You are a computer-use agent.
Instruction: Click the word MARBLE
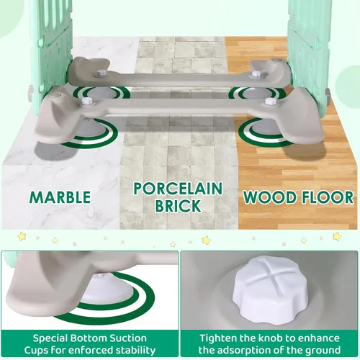60,197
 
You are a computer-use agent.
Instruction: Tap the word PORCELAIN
178,189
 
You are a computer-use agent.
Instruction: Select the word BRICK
178,206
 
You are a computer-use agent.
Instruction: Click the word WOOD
269,197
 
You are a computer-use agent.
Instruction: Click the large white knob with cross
271,291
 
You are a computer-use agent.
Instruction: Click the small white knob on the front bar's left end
86,101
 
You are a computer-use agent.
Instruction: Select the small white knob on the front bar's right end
270,102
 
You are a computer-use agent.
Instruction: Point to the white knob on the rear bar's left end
100,73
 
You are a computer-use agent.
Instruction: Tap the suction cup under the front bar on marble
92,128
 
